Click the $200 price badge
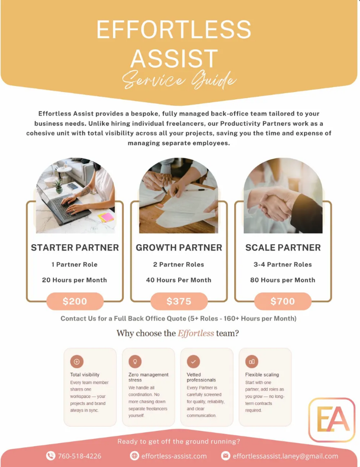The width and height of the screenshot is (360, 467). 75,301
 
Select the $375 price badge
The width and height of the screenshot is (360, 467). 179,301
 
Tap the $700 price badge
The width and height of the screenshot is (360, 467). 283,301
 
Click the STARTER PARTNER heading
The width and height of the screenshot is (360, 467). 75,248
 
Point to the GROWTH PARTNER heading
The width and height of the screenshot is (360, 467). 179,248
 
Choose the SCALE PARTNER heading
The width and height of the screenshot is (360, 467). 283,248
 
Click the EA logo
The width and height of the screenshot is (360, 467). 331,420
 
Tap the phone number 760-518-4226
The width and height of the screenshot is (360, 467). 79,456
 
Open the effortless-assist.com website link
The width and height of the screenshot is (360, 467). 174,456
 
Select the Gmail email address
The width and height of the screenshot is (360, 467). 286,456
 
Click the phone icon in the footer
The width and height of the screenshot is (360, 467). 50,456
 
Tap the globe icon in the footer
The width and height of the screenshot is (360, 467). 134,456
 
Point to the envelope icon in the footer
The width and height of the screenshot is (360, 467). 226,456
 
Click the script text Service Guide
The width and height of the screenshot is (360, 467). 179,80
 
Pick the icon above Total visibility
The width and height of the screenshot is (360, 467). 76,362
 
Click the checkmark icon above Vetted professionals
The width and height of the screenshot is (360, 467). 193,362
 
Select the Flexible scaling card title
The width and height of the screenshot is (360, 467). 262,375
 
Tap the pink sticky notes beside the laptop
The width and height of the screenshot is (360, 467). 106,217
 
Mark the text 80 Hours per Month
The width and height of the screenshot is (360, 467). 283,280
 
